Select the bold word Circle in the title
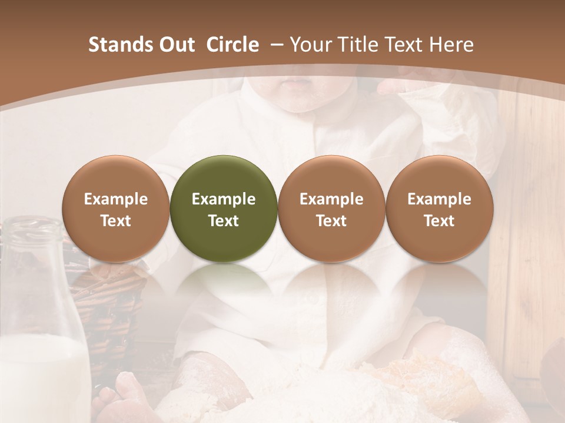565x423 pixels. (232, 45)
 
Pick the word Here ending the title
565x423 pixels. (453, 45)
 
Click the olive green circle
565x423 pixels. (224, 209)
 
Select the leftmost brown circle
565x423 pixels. (116, 209)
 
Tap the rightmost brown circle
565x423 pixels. (439, 209)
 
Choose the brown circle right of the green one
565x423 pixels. (331, 209)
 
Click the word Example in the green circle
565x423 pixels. (224, 199)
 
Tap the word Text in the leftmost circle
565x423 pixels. (116, 221)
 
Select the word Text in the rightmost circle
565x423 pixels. (439, 221)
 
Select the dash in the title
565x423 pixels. (275, 45)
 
